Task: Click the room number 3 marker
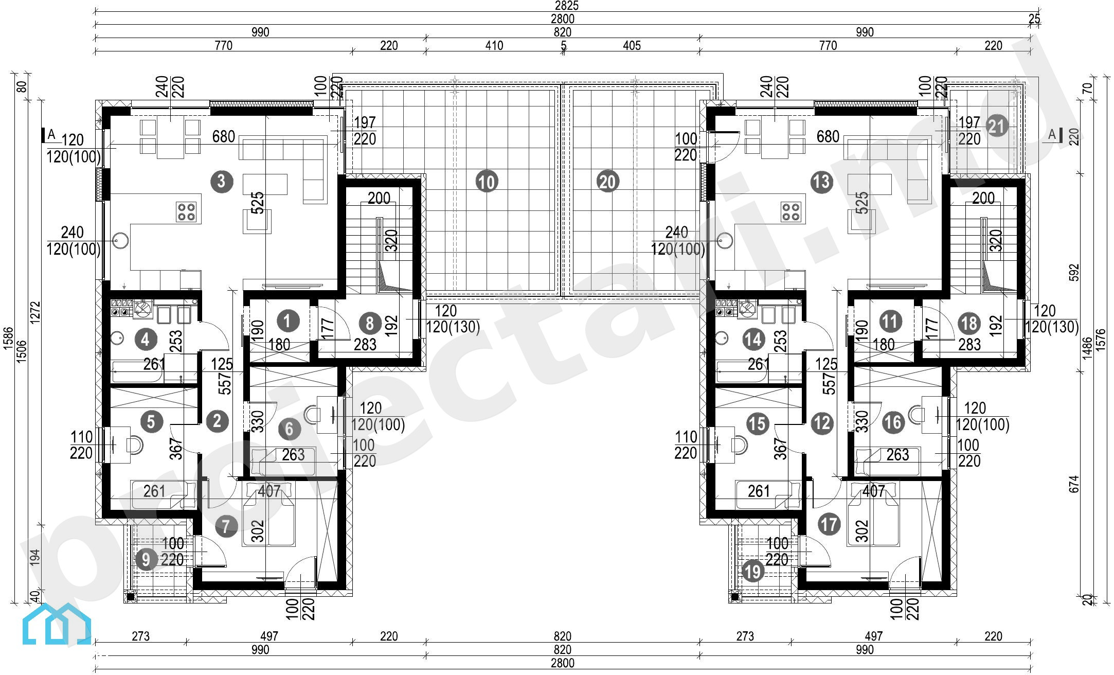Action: (222, 181)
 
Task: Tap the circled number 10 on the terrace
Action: (487, 182)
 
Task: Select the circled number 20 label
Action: (607, 182)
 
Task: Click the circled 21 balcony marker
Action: (997, 127)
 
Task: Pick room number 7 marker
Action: (226, 526)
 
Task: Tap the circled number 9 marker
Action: (146, 559)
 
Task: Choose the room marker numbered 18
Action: (969, 324)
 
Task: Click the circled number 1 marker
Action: (288, 321)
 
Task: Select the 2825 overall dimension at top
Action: (566, 6)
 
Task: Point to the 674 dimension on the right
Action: (1074, 484)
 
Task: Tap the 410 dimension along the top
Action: (494, 46)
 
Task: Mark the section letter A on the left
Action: (51, 135)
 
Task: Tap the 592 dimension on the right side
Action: (1074, 273)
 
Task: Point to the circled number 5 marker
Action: (151, 422)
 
